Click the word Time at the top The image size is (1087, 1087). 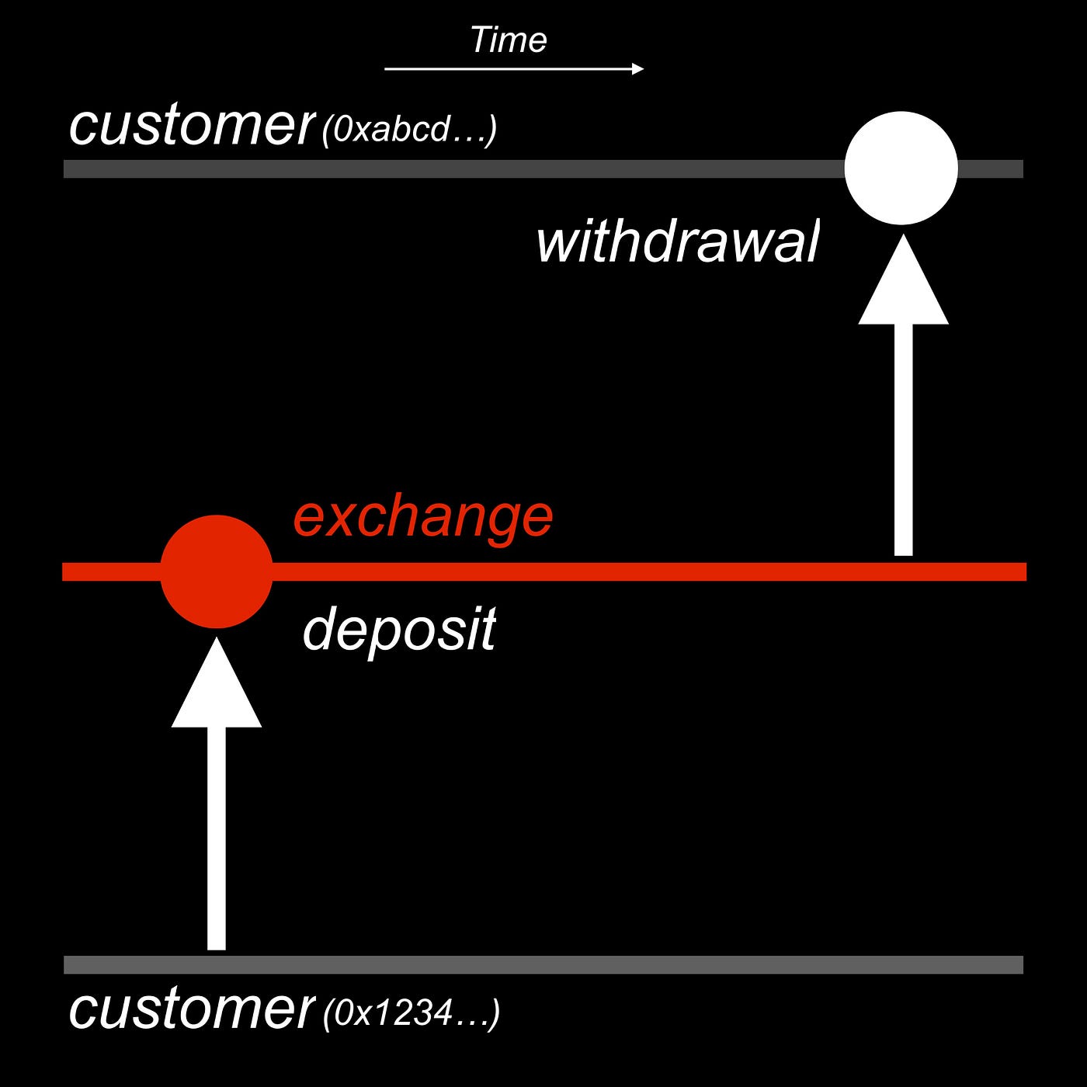509,40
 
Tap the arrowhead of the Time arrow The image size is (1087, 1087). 637,69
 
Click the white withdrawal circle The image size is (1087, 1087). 901,168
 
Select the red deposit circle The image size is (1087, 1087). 217,571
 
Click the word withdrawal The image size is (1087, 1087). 677,242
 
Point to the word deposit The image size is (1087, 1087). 399,630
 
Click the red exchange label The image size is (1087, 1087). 422,519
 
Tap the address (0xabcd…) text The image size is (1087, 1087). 409,130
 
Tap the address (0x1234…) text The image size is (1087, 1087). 412,1013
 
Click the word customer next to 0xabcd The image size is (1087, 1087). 191,126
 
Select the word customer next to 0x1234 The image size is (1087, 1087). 191,1009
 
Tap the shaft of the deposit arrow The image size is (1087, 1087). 217,839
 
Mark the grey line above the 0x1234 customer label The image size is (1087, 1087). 543,964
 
